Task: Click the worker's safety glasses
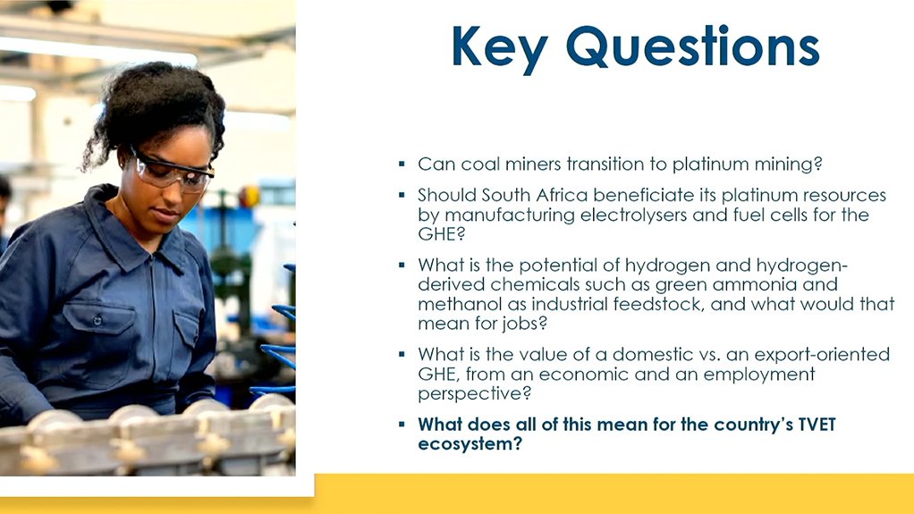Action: point(173,172)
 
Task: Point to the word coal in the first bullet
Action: point(480,164)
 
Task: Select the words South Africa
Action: point(535,195)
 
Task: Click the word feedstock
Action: point(657,304)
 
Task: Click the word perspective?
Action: point(475,394)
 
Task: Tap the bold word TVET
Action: point(817,425)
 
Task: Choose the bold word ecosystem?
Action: point(470,444)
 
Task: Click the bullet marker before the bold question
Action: point(402,425)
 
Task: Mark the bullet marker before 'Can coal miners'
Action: point(402,164)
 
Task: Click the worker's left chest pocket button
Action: point(97,321)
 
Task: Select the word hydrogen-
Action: point(801,265)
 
